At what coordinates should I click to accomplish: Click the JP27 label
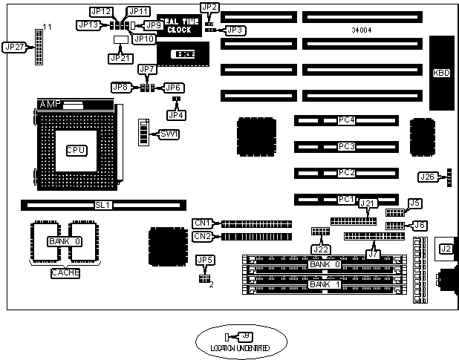point(14,47)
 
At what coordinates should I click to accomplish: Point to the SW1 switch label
point(170,134)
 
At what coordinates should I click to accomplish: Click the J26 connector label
point(427,177)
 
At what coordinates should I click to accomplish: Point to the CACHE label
point(65,273)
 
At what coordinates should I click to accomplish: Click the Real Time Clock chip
point(178,24)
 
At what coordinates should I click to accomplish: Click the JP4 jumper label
point(176,114)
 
